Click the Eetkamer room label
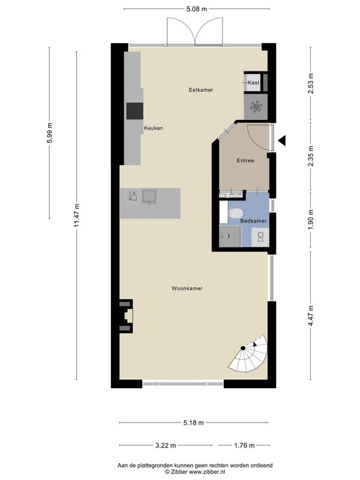click(x=201, y=90)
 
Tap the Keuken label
click(x=154, y=128)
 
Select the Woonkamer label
click(x=187, y=289)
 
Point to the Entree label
click(x=245, y=160)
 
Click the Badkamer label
click(x=253, y=221)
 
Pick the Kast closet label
click(x=253, y=83)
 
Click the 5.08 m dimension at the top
click(x=197, y=9)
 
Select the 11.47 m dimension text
click(x=77, y=215)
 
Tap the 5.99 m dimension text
click(x=50, y=133)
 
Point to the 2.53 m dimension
click(x=311, y=83)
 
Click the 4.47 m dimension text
click(x=311, y=316)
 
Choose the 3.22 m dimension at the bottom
click(x=166, y=445)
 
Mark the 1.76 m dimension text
click(x=244, y=445)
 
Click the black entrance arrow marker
click(x=282, y=140)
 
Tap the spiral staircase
click(x=248, y=355)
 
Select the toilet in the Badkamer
click(x=236, y=212)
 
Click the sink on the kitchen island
click(x=149, y=197)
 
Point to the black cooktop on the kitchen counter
click(x=134, y=111)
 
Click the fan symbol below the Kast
click(x=256, y=107)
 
